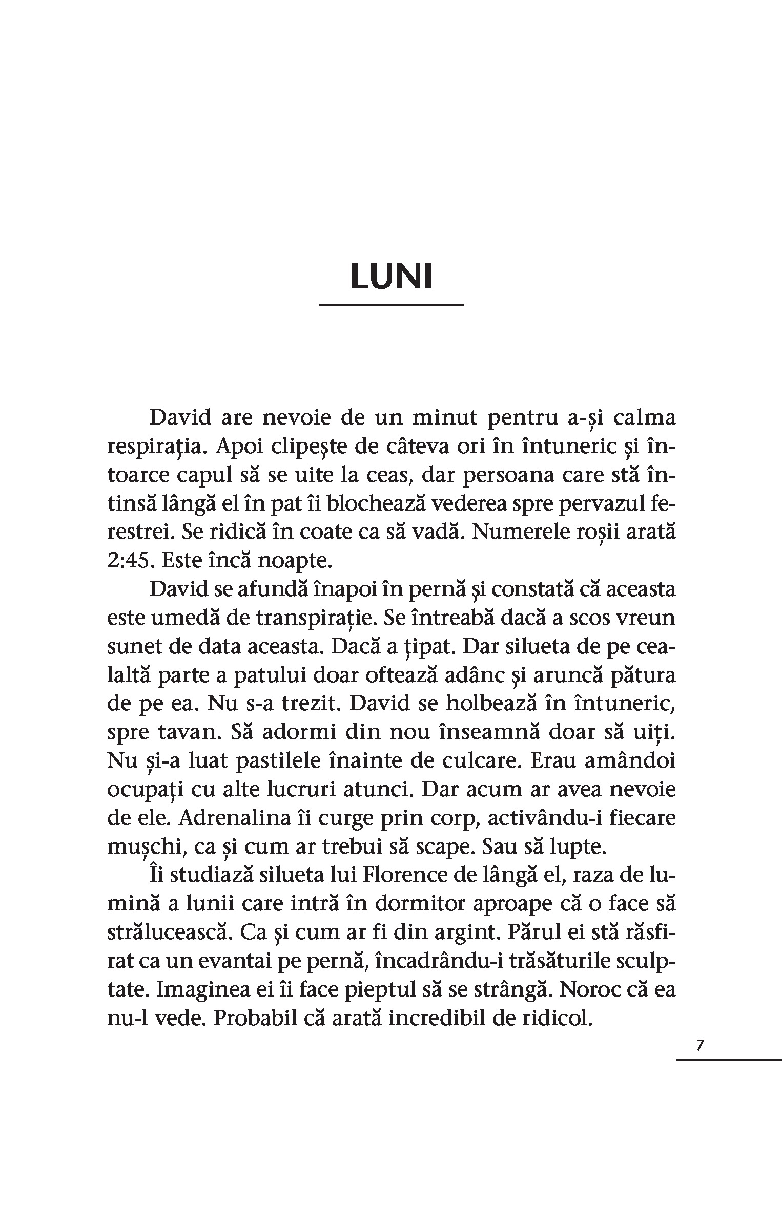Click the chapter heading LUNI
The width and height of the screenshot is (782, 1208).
click(x=392, y=277)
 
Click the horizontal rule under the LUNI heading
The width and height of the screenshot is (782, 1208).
click(x=392, y=305)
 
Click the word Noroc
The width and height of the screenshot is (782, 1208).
click(x=593, y=989)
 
